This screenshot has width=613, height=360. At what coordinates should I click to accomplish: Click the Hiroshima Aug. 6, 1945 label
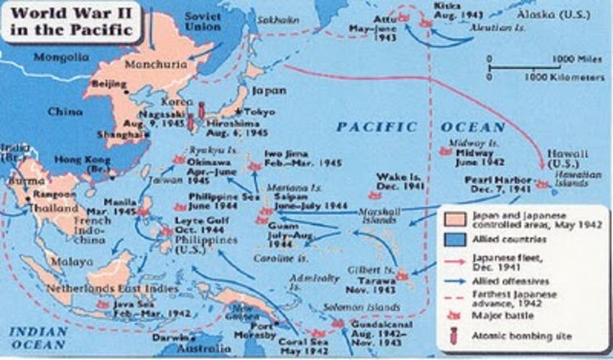236,128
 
